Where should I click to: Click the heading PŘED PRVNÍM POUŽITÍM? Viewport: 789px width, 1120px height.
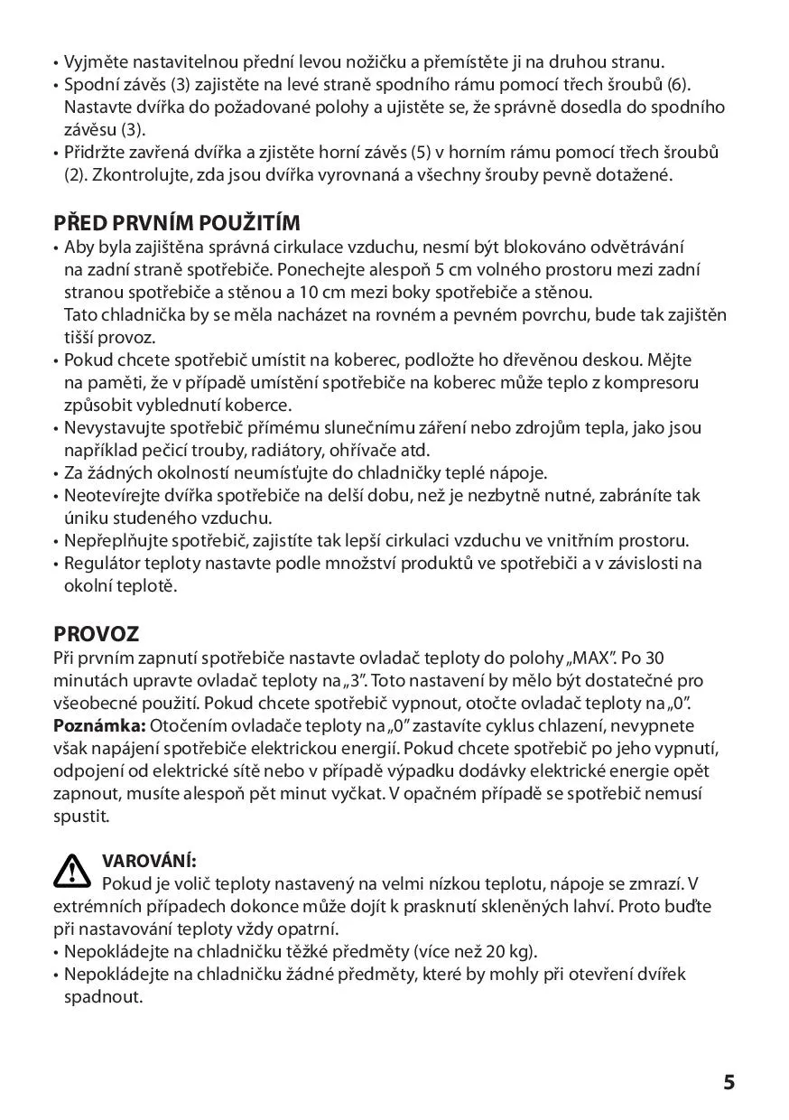coord(177,222)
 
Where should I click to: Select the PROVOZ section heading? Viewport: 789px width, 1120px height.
coord(96,633)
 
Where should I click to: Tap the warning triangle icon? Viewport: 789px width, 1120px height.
coord(72,869)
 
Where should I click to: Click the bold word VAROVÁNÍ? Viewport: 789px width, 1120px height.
coord(149,861)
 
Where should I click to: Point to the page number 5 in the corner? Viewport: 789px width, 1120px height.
coord(729,1082)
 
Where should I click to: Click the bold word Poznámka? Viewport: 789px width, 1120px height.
coord(97,725)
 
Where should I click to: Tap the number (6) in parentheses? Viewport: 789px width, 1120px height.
coord(678,85)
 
